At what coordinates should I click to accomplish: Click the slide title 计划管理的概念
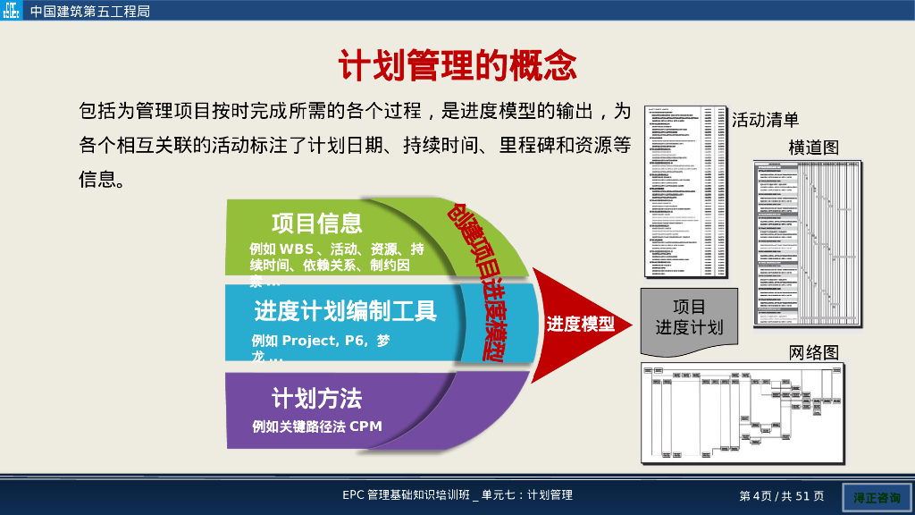457,65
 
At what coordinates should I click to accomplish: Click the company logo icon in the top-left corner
12,12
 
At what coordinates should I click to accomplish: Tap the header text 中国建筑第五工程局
89,12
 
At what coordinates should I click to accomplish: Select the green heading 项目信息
316,223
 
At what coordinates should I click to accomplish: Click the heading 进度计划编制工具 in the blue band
345,311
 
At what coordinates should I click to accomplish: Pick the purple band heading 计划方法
316,398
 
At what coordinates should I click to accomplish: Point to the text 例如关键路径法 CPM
316,426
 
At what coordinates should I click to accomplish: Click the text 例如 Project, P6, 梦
321,341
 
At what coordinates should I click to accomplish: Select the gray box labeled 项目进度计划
689,317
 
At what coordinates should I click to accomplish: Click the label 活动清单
765,120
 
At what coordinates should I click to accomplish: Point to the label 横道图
813,148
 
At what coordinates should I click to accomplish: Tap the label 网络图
813,352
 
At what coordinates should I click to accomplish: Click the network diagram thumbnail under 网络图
742,412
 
